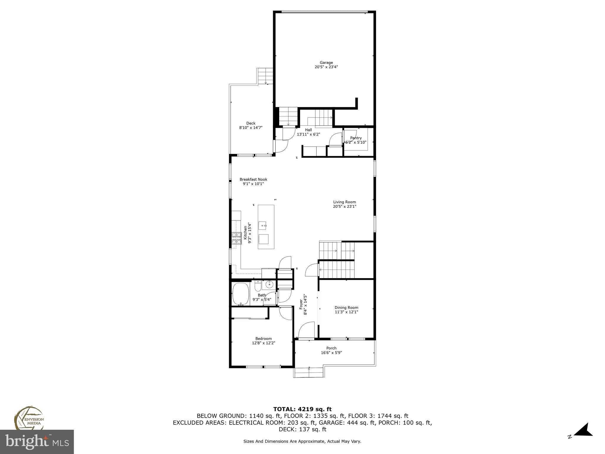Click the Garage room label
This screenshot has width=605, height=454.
pyautogui.click(x=326, y=63)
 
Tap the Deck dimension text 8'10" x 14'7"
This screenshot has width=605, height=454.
pyautogui.click(x=251, y=128)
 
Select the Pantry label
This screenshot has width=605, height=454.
pyautogui.click(x=356, y=138)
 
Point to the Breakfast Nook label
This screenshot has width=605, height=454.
pyautogui.click(x=253, y=179)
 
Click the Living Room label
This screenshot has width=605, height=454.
pyautogui.click(x=344, y=202)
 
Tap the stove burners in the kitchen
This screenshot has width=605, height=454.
pyautogui.click(x=236, y=238)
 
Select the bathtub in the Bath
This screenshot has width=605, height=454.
pyautogui.click(x=241, y=294)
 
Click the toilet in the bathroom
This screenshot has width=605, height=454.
pyautogui.click(x=258, y=286)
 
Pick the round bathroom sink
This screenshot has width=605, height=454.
pyautogui.click(x=269, y=285)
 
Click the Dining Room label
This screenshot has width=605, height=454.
pyautogui.click(x=346, y=308)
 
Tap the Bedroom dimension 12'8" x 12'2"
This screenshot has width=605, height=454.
pyautogui.click(x=264, y=343)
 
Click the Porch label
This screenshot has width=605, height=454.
pyautogui.click(x=331, y=348)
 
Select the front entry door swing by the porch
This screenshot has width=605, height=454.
pyautogui.click(x=306, y=330)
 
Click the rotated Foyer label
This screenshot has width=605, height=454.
pyautogui.click(x=301, y=304)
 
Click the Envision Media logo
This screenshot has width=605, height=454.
pyautogui.click(x=29, y=418)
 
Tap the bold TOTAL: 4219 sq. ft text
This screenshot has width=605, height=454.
pyautogui.click(x=302, y=409)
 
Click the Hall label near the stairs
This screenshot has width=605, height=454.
pyautogui.click(x=308, y=130)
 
